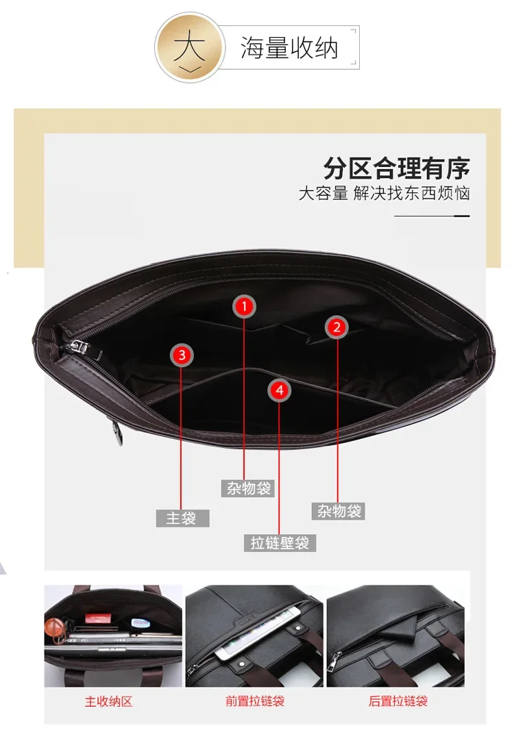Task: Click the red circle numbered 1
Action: (244, 306)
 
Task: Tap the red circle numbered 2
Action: (337, 327)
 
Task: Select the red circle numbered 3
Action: (182, 355)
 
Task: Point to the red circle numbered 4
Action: (280, 390)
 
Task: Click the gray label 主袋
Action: (182, 518)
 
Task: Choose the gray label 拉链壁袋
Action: (280, 542)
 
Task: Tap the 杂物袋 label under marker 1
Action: (248, 488)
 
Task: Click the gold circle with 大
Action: (190, 48)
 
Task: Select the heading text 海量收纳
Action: (289, 48)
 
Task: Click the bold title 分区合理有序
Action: (396, 168)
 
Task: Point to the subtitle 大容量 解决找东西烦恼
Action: (384, 193)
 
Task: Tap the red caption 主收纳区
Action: (108, 701)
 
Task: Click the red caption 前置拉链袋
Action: (255, 701)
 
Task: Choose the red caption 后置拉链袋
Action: (397, 701)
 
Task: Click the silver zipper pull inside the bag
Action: (79, 346)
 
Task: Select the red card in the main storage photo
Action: (98, 618)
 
